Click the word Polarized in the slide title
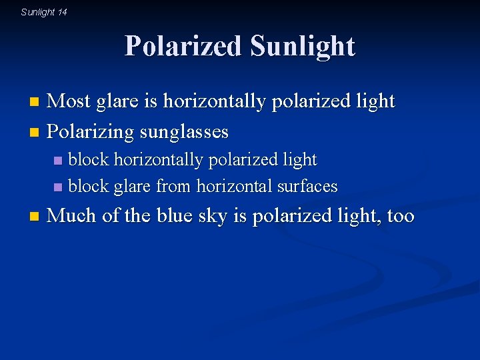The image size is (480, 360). [183, 47]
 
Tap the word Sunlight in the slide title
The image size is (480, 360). [303, 47]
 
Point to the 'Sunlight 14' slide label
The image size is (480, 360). [44, 12]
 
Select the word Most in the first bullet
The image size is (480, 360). [69, 101]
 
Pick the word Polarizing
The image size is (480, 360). [91, 132]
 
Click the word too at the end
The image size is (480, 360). [400, 216]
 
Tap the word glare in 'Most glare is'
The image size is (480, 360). [117, 101]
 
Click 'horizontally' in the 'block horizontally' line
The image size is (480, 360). [154, 160]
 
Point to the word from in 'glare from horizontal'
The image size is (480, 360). [173, 186]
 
